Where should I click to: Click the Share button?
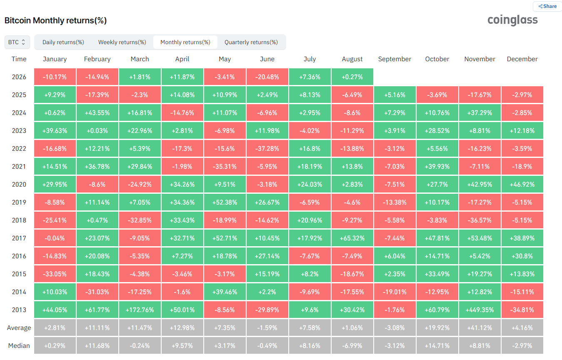pos(547,6)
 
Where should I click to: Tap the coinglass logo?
pos(512,20)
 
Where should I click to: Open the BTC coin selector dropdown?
pos(17,42)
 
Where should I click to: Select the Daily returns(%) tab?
pos(63,42)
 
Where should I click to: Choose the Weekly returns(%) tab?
pos(122,42)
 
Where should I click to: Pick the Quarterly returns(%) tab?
pos(251,42)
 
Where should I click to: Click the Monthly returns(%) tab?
pos(185,42)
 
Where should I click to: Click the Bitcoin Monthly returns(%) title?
pos(56,20)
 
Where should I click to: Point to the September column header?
pos(395,59)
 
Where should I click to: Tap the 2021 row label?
pos(19,167)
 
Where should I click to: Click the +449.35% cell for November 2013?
pos(480,310)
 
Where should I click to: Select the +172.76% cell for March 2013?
pos(140,310)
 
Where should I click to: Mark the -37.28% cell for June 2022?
pos(267,148)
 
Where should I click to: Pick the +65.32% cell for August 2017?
pos(352,238)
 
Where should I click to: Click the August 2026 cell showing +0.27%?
pos(352,77)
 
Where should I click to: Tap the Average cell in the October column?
pos(437,327)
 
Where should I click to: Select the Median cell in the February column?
pos(97,346)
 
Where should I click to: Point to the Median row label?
pos(19,346)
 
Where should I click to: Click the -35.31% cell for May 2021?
pos(225,167)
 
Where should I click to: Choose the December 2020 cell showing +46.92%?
pos(522,185)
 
